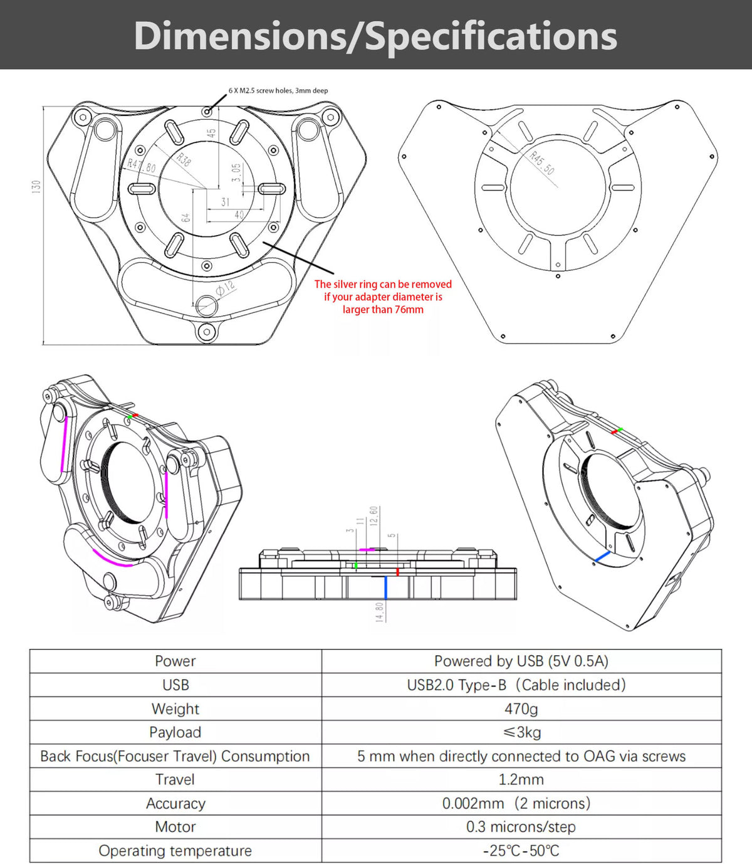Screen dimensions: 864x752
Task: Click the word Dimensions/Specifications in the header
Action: click(375, 36)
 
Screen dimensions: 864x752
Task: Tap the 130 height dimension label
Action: click(36, 187)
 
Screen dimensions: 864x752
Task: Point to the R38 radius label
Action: click(184, 159)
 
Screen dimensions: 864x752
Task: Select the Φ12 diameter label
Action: click(225, 288)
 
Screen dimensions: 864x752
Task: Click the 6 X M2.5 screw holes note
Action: click(278, 91)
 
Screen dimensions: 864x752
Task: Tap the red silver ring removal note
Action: click(383, 297)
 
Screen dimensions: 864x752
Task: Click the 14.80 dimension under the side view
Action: click(379, 612)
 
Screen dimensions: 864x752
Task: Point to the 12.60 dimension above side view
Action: click(374, 517)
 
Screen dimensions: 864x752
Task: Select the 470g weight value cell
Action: click(521, 709)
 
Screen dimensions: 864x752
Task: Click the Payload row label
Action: click(175, 732)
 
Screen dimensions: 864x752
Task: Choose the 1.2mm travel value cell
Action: click(521, 779)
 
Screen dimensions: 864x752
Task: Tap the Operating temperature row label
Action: click(175, 851)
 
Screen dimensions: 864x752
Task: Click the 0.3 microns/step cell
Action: click(521, 827)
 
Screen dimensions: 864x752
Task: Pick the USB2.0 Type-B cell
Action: click(516, 685)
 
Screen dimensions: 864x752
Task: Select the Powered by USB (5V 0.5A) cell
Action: click(521, 661)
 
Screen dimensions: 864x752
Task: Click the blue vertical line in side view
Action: click(385, 587)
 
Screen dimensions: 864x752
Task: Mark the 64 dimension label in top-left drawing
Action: click(185, 218)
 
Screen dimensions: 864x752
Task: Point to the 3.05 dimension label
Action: click(236, 172)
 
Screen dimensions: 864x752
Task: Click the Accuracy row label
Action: click(175, 803)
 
